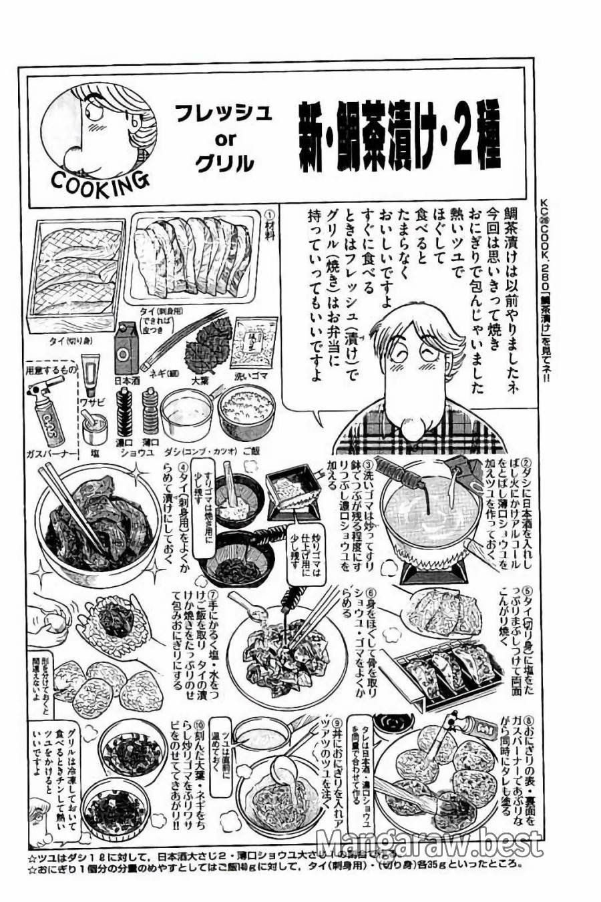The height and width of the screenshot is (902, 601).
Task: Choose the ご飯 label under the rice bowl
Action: (252, 451)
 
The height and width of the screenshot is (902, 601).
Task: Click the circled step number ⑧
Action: (528, 720)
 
